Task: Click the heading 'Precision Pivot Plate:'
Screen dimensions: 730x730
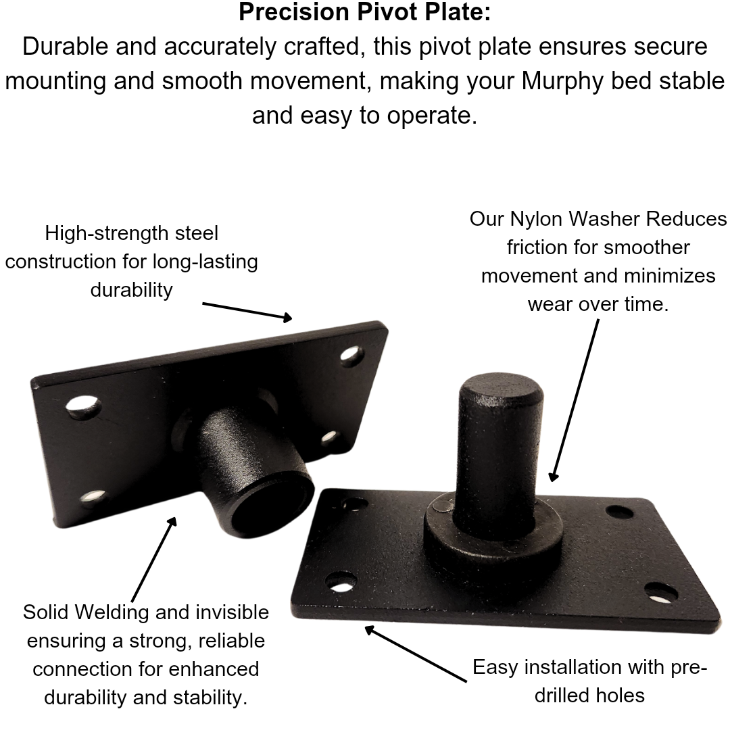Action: (x=364, y=11)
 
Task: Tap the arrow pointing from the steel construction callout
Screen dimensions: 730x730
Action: (x=247, y=312)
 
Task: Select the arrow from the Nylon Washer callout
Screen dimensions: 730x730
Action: (x=575, y=400)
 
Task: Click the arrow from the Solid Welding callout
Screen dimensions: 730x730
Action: (x=154, y=559)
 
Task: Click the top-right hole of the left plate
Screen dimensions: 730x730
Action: (x=352, y=356)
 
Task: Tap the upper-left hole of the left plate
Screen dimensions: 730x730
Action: (x=84, y=406)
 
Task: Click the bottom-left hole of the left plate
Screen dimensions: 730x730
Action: (x=95, y=498)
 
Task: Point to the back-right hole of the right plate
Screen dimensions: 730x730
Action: (x=620, y=512)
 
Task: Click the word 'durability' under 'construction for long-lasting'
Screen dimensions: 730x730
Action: (x=131, y=290)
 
